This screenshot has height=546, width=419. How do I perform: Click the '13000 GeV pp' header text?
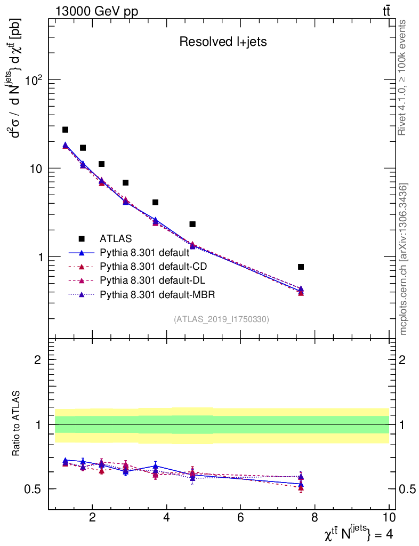(96, 12)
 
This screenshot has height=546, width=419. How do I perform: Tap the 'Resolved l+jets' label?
(223, 42)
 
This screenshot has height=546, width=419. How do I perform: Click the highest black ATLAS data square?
(65, 130)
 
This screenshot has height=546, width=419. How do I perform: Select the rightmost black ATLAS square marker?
(301, 267)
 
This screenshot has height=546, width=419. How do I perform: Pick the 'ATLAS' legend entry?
(116, 238)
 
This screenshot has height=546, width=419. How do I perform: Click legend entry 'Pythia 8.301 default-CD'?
(154, 266)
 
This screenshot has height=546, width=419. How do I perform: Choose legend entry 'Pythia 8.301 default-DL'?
(153, 280)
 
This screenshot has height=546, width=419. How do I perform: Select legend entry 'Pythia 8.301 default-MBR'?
(157, 294)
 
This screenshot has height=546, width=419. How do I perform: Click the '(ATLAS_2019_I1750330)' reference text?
(221, 319)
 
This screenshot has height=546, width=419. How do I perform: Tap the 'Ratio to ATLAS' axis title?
(17, 424)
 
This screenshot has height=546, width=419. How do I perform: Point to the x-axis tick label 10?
(389, 517)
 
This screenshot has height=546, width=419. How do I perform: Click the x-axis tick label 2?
(92, 517)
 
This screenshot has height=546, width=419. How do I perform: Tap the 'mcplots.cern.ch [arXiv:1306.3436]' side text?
(404, 259)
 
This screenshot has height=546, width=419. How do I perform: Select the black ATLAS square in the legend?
(82, 238)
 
